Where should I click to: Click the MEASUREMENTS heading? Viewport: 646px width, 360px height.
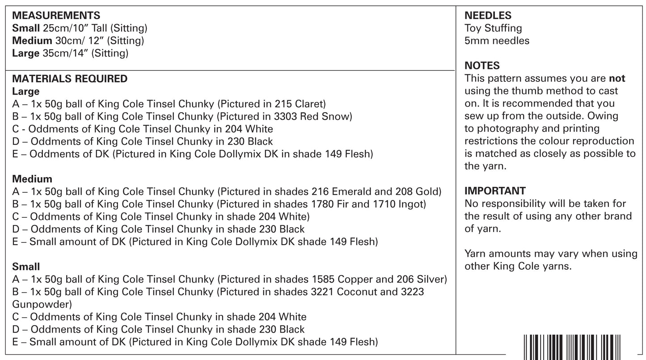[x=56, y=16]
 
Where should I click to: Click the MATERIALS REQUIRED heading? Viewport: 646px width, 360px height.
[x=70, y=79]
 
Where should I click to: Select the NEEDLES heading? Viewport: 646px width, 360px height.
[x=488, y=16]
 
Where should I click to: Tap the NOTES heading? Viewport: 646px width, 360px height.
[x=482, y=66]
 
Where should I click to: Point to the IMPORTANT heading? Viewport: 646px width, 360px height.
[x=495, y=191]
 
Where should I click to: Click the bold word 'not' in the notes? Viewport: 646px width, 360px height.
[x=617, y=79]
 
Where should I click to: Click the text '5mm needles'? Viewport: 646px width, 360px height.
[x=497, y=41]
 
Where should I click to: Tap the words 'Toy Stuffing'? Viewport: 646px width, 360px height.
[x=493, y=28]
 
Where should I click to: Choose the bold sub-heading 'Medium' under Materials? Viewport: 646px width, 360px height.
[x=32, y=179]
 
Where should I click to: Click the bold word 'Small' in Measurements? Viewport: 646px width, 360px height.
[x=26, y=28]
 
